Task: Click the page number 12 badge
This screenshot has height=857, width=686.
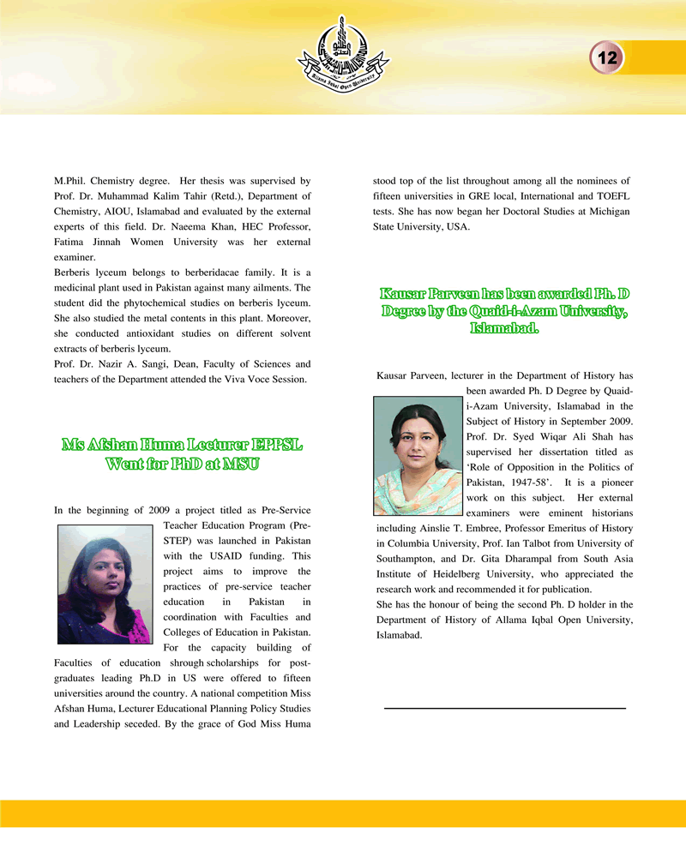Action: [608, 57]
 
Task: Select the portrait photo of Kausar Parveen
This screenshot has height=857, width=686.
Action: [418, 460]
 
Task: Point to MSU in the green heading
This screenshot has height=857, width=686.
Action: [241, 464]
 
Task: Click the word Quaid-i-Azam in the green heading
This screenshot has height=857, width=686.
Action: [532, 311]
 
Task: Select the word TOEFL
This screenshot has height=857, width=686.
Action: [612, 196]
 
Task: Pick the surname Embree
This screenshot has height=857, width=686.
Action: [501, 528]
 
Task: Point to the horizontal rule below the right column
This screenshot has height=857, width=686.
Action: [505, 708]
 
